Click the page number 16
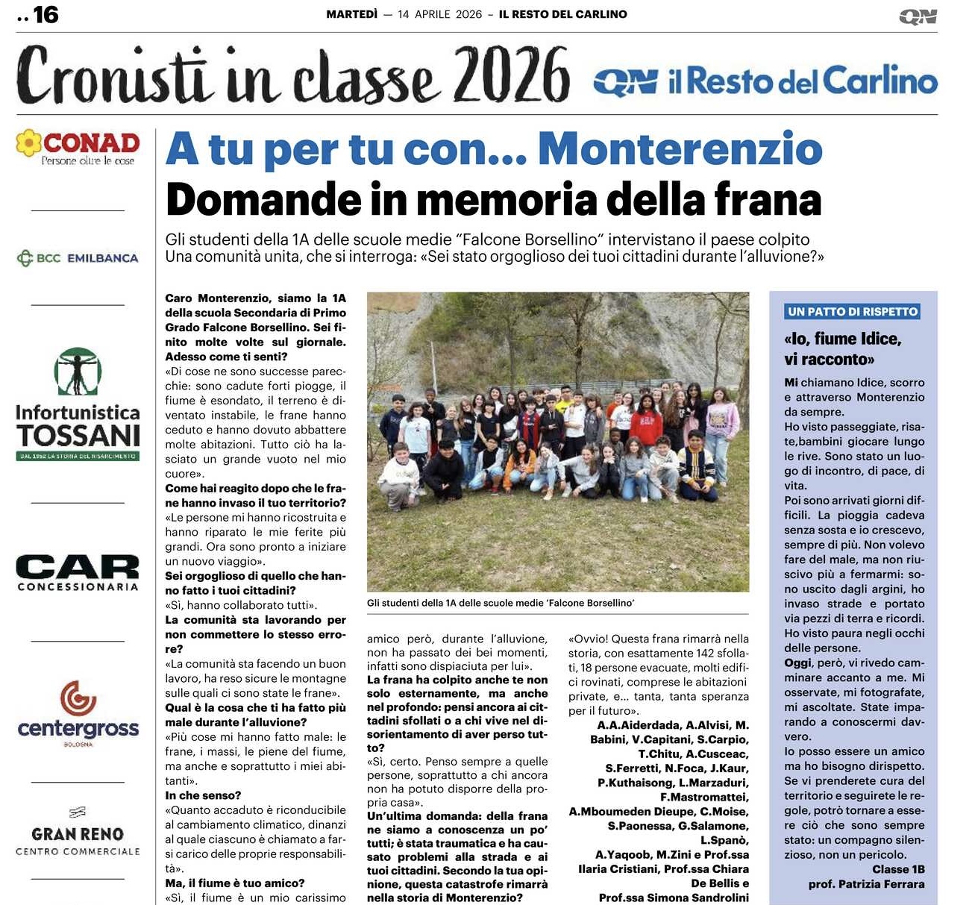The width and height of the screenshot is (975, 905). click(x=45, y=14)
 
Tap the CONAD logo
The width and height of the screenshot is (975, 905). click(x=78, y=146)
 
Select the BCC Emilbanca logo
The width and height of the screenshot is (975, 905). click(x=78, y=258)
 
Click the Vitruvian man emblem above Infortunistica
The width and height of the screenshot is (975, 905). click(x=78, y=372)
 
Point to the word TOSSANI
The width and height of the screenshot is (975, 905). click(x=78, y=436)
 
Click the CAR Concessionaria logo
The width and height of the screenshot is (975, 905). click(x=78, y=573)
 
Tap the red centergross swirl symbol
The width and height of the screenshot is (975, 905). click(x=78, y=698)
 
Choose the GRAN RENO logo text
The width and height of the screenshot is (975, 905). click(x=78, y=834)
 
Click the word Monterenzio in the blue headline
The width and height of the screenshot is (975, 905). click(x=680, y=149)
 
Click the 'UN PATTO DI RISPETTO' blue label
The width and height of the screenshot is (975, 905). click(x=853, y=312)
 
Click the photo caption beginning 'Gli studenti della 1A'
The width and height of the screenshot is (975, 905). click(x=501, y=603)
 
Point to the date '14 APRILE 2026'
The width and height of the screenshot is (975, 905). click(x=439, y=14)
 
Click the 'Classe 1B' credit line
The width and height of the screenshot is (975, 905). click(x=898, y=869)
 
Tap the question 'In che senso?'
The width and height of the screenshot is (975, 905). click(x=203, y=795)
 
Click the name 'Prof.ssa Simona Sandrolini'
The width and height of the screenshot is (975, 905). click(x=674, y=898)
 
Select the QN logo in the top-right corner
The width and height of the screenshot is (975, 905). click(x=918, y=16)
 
